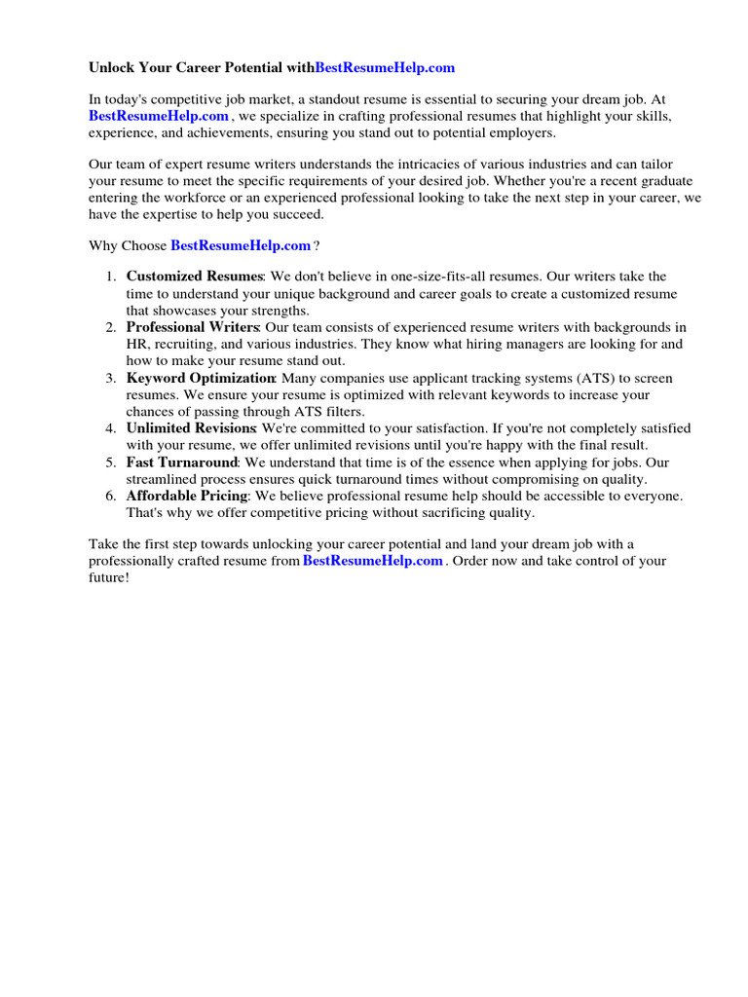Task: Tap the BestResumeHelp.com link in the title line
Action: coord(385,68)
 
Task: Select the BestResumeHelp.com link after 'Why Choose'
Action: coord(241,245)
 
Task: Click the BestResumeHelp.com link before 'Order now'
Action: coord(373,562)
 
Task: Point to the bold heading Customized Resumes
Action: coord(195,277)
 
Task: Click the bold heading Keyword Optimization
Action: coord(201,378)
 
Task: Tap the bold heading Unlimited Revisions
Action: coord(191,428)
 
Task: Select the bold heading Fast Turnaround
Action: coord(182,462)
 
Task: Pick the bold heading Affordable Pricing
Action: coord(187,496)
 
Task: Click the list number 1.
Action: coord(111,277)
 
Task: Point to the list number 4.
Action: coord(111,428)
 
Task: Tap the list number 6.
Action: coord(111,496)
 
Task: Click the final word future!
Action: coord(108,578)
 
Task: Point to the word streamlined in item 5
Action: coord(163,479)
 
